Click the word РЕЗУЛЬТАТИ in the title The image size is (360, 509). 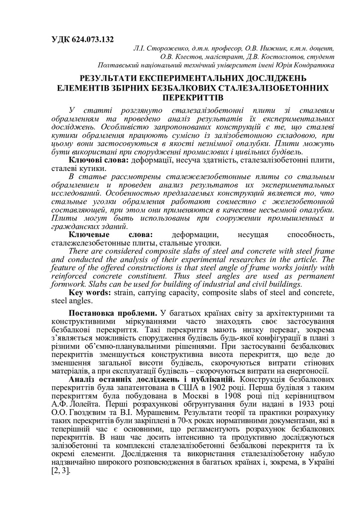111,79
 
